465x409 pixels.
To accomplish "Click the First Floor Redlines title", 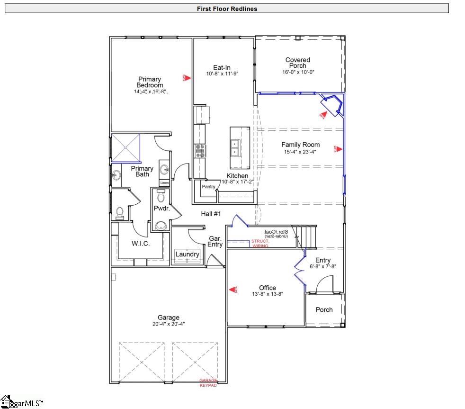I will pos(227,9).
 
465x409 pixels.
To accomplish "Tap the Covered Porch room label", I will pos(298,63).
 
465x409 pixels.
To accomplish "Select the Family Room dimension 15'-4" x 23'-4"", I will pos(300,152).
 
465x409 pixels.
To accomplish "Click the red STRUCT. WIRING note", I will pos(260,244).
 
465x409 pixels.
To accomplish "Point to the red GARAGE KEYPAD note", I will pos(208,383).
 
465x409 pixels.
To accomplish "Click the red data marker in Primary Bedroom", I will pos(187,78).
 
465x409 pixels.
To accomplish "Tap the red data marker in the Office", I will pos(232,289).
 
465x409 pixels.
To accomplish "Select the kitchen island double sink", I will pos(235,148).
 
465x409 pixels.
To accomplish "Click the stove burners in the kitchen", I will pos(200,151).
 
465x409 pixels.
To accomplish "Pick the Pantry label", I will pos(209,187).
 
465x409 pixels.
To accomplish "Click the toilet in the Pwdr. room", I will pos(161,195).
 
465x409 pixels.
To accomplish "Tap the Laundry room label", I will pos(188,254).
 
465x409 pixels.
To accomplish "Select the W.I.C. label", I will pos(141,244).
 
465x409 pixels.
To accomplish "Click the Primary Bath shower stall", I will pos(126,148).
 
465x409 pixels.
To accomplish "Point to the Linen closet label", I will pos(164,182).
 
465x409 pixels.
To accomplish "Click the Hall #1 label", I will pos(211,214).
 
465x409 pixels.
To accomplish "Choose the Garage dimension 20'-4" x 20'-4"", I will pos(168,324).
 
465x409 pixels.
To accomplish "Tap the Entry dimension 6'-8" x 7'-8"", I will pos(323,266).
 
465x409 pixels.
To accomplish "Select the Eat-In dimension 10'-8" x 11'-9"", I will pos(222,73).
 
